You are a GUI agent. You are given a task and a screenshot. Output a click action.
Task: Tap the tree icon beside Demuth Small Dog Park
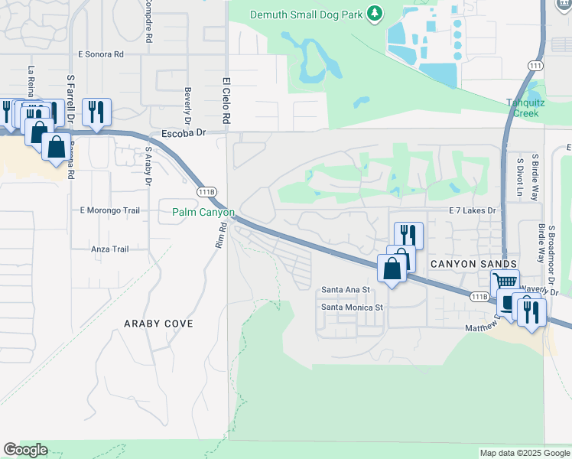(x=374, y=13)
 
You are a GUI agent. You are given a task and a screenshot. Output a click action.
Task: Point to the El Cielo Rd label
(x=226, y=101)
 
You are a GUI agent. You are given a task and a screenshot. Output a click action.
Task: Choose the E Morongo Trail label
(x=110, y=210)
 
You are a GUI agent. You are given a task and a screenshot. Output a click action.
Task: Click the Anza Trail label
(x=109, y=249)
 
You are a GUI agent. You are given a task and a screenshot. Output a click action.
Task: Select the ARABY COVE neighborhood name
(x=159, y=324)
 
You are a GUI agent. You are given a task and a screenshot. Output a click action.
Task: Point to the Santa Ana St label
(x=345, y=290)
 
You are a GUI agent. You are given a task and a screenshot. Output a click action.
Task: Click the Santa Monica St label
(x=351, y=307)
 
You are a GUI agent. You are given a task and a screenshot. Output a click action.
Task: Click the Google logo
(x=25, y=450)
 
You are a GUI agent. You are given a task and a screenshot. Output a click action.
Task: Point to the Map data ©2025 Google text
(x=525, y=453)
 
